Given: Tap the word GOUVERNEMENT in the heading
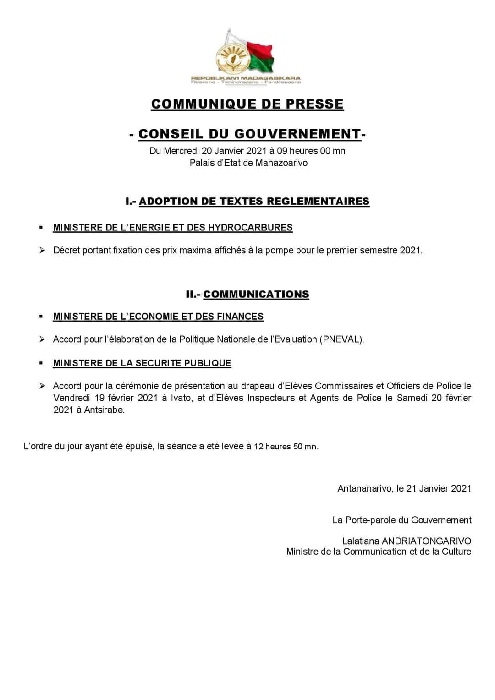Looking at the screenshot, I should point(297,134).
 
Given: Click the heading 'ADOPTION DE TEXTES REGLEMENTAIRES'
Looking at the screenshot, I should point(254,201).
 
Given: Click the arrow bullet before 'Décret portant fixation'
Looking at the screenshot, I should point(42,250).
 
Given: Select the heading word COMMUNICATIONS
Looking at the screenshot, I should point(256,294).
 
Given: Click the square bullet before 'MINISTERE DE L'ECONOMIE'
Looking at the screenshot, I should point(41,316).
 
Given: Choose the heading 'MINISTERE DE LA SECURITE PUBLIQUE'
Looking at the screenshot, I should point(142,363).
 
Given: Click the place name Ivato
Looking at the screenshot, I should point(182,398).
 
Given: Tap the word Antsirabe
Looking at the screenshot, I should point(104,410).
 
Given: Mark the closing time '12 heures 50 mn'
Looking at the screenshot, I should point(286,447).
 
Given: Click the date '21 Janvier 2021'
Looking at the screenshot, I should point(439,488).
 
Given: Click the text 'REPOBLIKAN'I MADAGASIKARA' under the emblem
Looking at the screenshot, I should point(246,78).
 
